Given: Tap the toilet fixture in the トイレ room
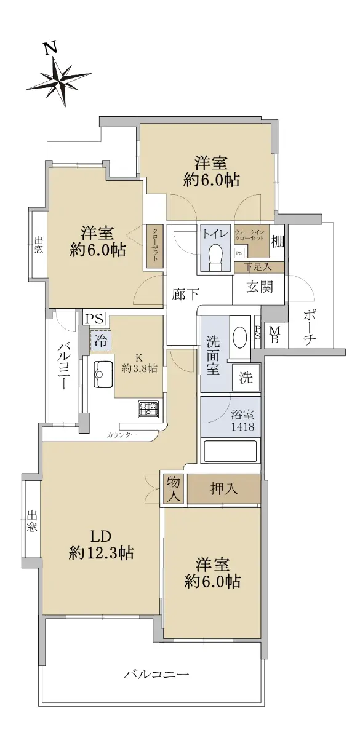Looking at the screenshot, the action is [216, 256].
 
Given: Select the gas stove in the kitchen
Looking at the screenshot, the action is [148, 409].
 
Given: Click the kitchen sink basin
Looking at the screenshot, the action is [103, 375].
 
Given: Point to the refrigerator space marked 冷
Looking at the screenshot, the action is [101, 340].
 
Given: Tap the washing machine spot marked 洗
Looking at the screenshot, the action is [246, 377].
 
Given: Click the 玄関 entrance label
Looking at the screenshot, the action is [260, 288].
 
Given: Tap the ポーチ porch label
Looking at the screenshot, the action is [310, 327].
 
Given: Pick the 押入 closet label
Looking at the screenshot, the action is [224, 490].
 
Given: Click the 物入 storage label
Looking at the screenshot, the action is [173, 489].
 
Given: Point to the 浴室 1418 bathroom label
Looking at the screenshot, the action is [242, 421].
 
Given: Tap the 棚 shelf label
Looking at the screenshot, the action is [278, 242].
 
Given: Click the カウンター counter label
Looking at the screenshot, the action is [122, 435].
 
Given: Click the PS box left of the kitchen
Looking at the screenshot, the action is [94, 319].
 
